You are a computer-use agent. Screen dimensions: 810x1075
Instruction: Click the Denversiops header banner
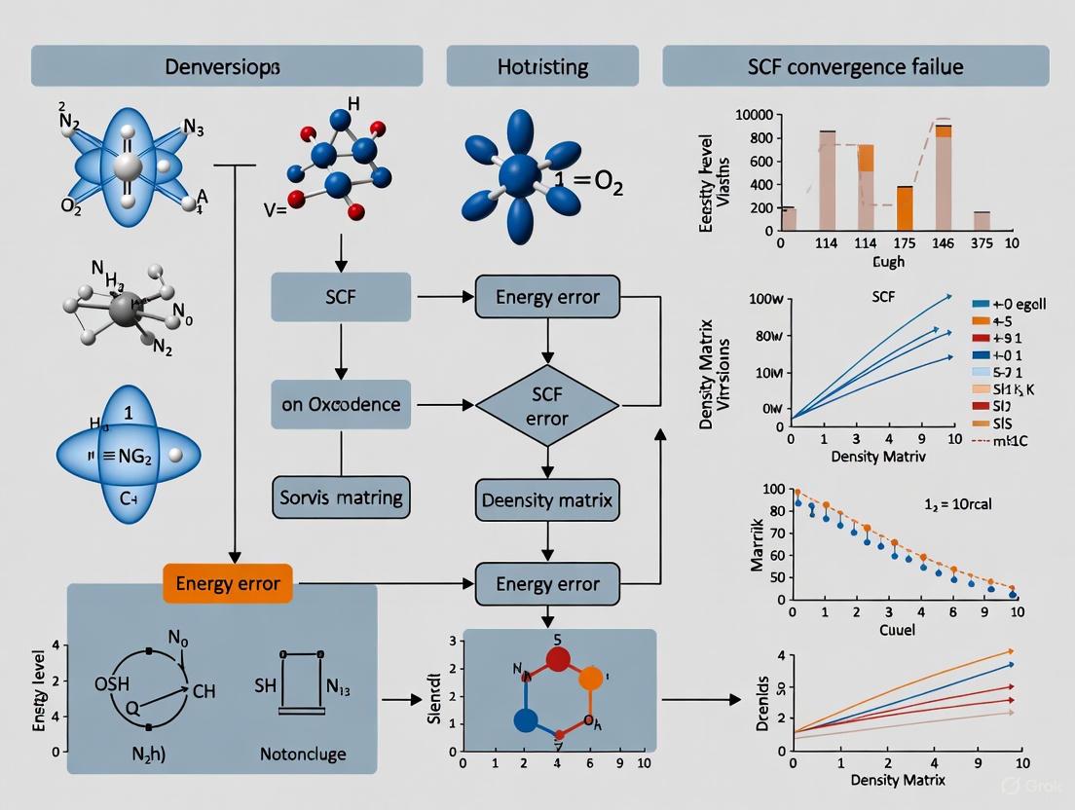pyautogui.click(x=227, y=67)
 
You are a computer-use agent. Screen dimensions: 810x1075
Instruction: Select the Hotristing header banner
pyautogui.click(x=543, y=67)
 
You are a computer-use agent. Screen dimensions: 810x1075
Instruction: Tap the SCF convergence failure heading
pyautogui.click(x=855, y=67)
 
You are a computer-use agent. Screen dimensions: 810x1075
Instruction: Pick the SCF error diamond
pyautogui.click(x=546, y=404)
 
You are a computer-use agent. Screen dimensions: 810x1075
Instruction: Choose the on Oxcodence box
pyautogui.click(x=341, y=403)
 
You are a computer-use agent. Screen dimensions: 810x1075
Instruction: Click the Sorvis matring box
pyautogui.click(x=341, y=497)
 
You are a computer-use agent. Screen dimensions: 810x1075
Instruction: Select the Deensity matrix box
pyautogui.click(x=547, y=500)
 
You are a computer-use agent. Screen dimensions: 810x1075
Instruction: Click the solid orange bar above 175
pyautogui.click(x=903, y=207)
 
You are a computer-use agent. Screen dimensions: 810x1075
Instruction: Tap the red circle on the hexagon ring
pyautogui.click(x=557, y=659)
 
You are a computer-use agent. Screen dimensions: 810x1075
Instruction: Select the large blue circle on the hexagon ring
pyautogui.click(x=526, y=721)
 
